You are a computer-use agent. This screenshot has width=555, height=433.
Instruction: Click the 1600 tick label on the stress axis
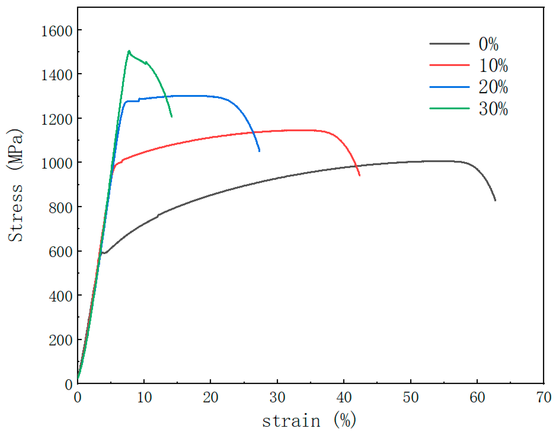pyautogui.click(x=57, y=32)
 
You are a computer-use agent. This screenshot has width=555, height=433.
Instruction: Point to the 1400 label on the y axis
pyautogui.click(x=57, y=76)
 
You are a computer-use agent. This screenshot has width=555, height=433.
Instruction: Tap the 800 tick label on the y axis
pyautogui.click(x=60, y=208)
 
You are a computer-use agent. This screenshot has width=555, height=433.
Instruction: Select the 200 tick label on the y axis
pyautogui.click(x=60, y=341)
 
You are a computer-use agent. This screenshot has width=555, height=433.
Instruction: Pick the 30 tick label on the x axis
pyautogui.click(x=277, y=398)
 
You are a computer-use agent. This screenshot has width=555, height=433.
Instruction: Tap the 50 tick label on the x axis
pyautogui.click(x=410, y=398)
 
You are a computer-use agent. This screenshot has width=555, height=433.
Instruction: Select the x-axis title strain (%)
pyautogui.click(x=309, y=421)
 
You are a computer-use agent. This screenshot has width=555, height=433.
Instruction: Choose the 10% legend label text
pyautogui.click(x=493, y=66)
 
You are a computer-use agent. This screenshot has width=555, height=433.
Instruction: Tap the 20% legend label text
pyautogui.click(x=493, y=87)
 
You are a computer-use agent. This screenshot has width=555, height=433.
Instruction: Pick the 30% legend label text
pyautogui.click(x=493, y=109)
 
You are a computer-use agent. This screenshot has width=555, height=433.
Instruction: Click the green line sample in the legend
pyautogui.click(x=449, y=109)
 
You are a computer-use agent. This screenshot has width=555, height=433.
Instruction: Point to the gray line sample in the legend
pyautogui.click(x=449, y=44)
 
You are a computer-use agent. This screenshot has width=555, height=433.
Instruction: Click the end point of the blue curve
pyautogui.click(x=259, y=151)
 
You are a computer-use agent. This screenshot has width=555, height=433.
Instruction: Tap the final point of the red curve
pyautogui.click(x=360, y=175)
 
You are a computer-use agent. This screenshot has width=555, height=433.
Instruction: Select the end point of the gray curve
pyautogui.click(x=495, y=200)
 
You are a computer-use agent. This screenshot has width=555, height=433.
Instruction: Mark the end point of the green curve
pyautogui.click(x=172, y=117)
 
